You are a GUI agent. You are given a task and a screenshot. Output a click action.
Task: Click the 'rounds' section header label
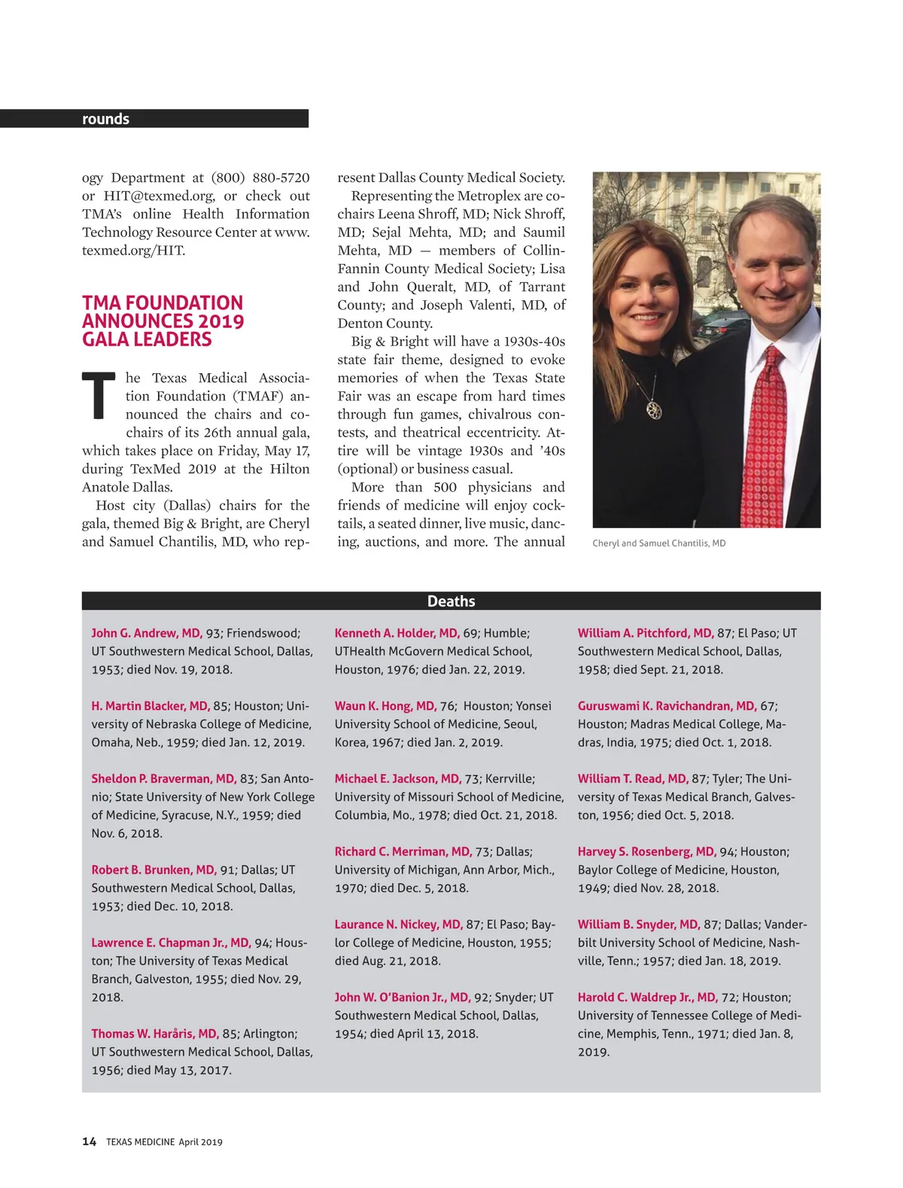pos(105,119)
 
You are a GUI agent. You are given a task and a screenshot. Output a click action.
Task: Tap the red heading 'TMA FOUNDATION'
pos(163,303)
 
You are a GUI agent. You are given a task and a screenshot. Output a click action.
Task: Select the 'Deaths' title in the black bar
pos(451,601)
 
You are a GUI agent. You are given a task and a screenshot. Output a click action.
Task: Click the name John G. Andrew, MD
pos(147,633)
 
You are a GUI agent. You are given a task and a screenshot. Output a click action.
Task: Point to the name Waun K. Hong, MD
pos(385,706)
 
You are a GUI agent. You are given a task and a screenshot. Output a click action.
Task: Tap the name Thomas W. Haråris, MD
pos(155,1034)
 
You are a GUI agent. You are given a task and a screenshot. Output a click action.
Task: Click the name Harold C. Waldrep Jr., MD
pos(647,998)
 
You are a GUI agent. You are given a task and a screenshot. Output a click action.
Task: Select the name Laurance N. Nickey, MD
pos(398,925)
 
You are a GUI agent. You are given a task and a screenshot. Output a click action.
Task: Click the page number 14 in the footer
pos(89,1141)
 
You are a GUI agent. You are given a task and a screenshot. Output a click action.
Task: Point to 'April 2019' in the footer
pos(200,1142)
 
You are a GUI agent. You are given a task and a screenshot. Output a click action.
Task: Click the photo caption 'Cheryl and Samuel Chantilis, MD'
pos(658,543)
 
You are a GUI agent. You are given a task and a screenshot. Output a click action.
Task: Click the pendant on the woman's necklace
pos(654,409)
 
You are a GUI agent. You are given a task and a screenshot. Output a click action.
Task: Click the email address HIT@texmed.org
pos(159,196)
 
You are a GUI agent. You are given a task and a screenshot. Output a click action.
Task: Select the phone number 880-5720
pos(281,178)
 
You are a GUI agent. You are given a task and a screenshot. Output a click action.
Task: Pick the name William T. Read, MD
pos(633,779)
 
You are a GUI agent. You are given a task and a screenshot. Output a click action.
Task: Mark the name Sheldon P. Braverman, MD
pos(163,779)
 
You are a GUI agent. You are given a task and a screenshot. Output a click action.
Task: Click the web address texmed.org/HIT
pos(133,251)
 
